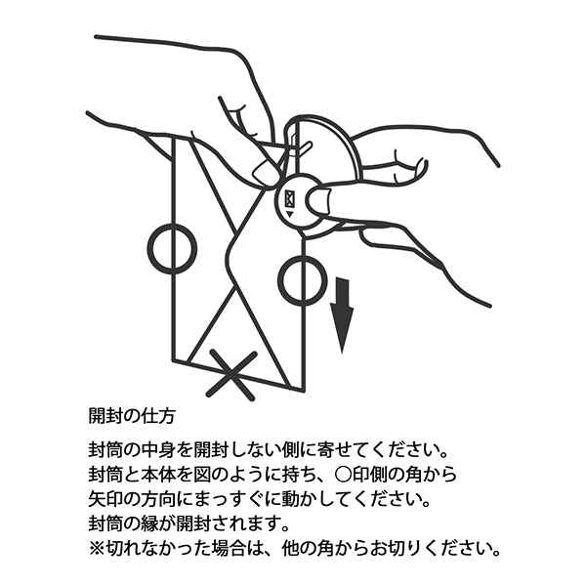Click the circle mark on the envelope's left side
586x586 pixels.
(172, 247)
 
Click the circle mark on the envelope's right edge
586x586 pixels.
(301, 282)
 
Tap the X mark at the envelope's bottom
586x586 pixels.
(231, 374)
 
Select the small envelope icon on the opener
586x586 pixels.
(289, 200)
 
